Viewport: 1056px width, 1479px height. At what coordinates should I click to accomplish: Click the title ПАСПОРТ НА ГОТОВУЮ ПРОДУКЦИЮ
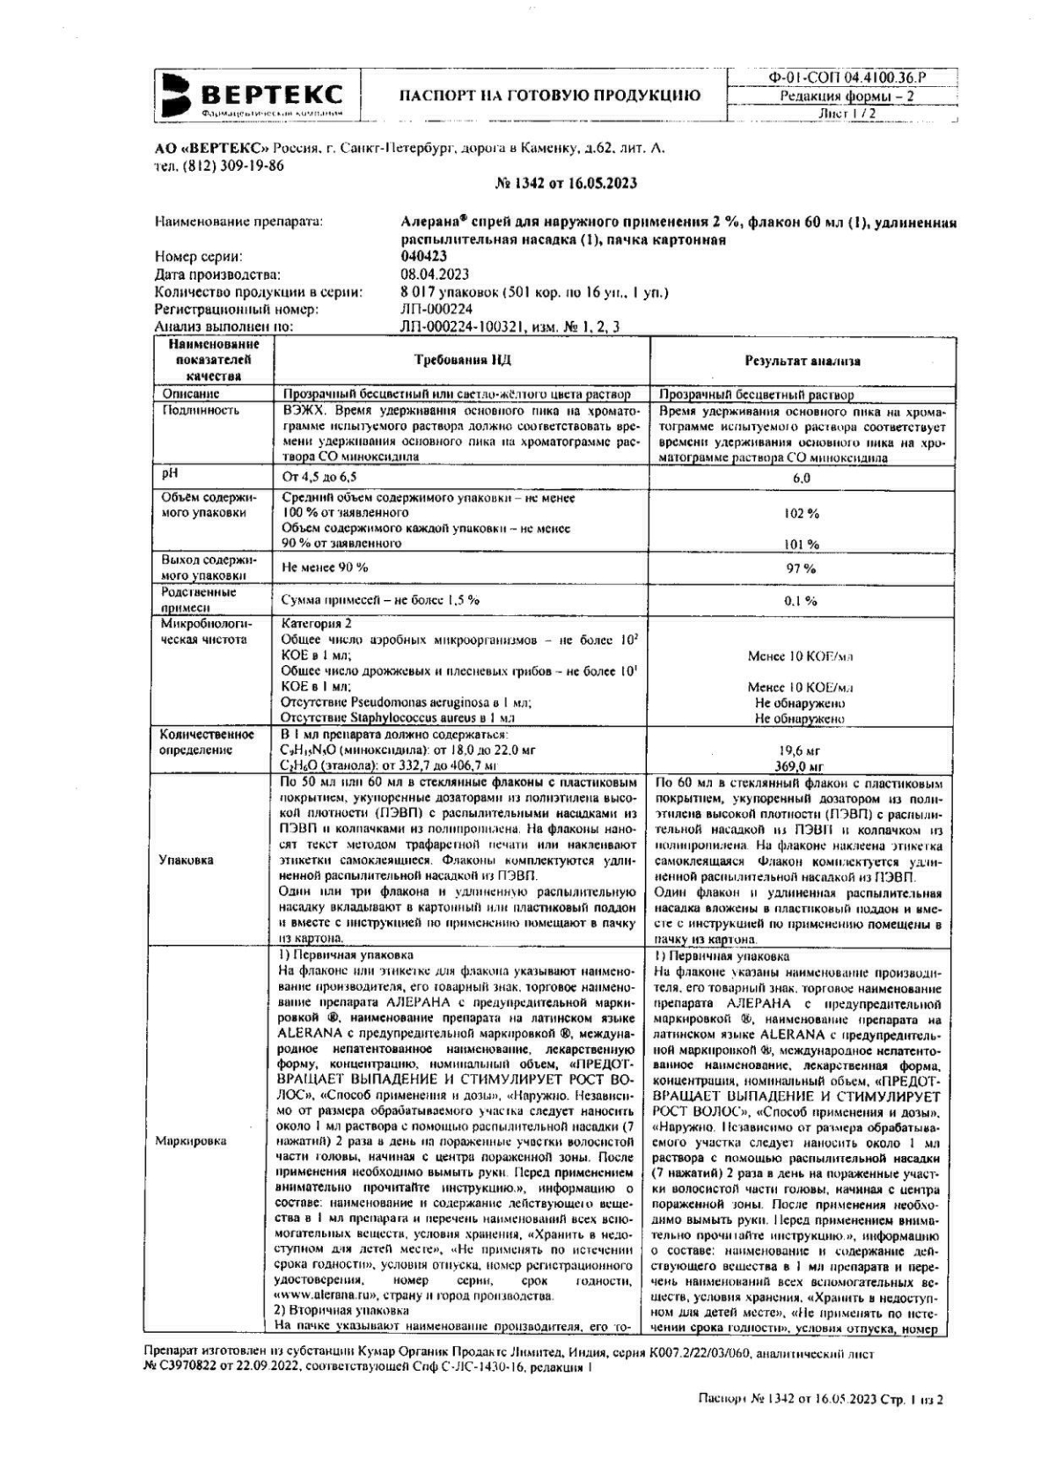coord(550,96)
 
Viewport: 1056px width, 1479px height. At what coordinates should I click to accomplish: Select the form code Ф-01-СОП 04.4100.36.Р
coord(847,77)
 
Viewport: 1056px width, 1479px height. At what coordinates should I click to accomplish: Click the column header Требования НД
coord(462,361)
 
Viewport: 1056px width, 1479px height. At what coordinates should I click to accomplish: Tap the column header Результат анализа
coord(803,361)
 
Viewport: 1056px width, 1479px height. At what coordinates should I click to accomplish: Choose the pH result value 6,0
coord(802,479)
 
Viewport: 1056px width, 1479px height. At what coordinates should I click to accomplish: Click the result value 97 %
coord(802,568)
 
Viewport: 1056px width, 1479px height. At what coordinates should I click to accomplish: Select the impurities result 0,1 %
coord(802,601)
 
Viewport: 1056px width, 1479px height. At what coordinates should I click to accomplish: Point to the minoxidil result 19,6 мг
coord(802,751)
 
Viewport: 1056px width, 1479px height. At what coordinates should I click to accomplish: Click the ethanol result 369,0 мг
coord(802,766)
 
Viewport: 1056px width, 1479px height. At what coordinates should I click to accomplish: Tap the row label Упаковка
coord(186,860)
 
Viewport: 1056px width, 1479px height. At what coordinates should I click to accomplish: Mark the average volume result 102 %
coord(802,513)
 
